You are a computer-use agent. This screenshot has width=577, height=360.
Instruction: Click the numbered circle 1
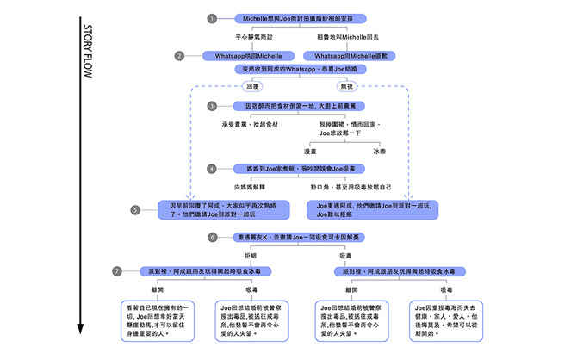[212, 18]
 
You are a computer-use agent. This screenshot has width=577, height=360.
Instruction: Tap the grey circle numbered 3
[212, 106]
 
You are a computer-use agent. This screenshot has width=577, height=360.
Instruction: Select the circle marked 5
[135, 209]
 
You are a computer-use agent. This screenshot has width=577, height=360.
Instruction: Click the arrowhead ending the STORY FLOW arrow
[79, 331]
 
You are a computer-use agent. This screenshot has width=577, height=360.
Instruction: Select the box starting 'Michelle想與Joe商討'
[299, 18]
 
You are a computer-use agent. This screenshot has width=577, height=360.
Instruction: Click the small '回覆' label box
[252, 87]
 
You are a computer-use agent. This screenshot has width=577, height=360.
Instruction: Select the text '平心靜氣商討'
[254, 38]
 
